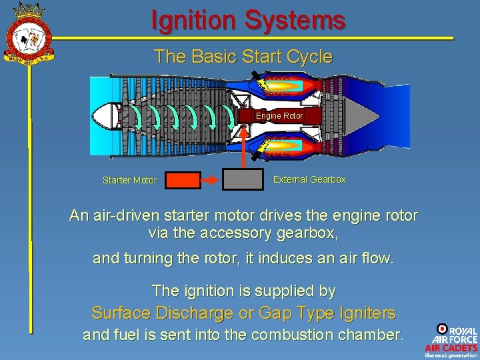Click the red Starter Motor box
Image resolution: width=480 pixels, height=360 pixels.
coord(182,180)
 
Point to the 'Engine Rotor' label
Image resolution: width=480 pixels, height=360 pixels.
coord(279,116)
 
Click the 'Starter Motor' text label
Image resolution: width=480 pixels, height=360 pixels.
coord(130,180)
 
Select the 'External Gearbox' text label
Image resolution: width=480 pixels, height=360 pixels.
coord(309,179)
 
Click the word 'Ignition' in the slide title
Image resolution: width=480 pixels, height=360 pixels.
coord(194,20)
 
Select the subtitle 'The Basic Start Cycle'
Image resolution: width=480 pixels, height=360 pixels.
coord(243,57)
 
